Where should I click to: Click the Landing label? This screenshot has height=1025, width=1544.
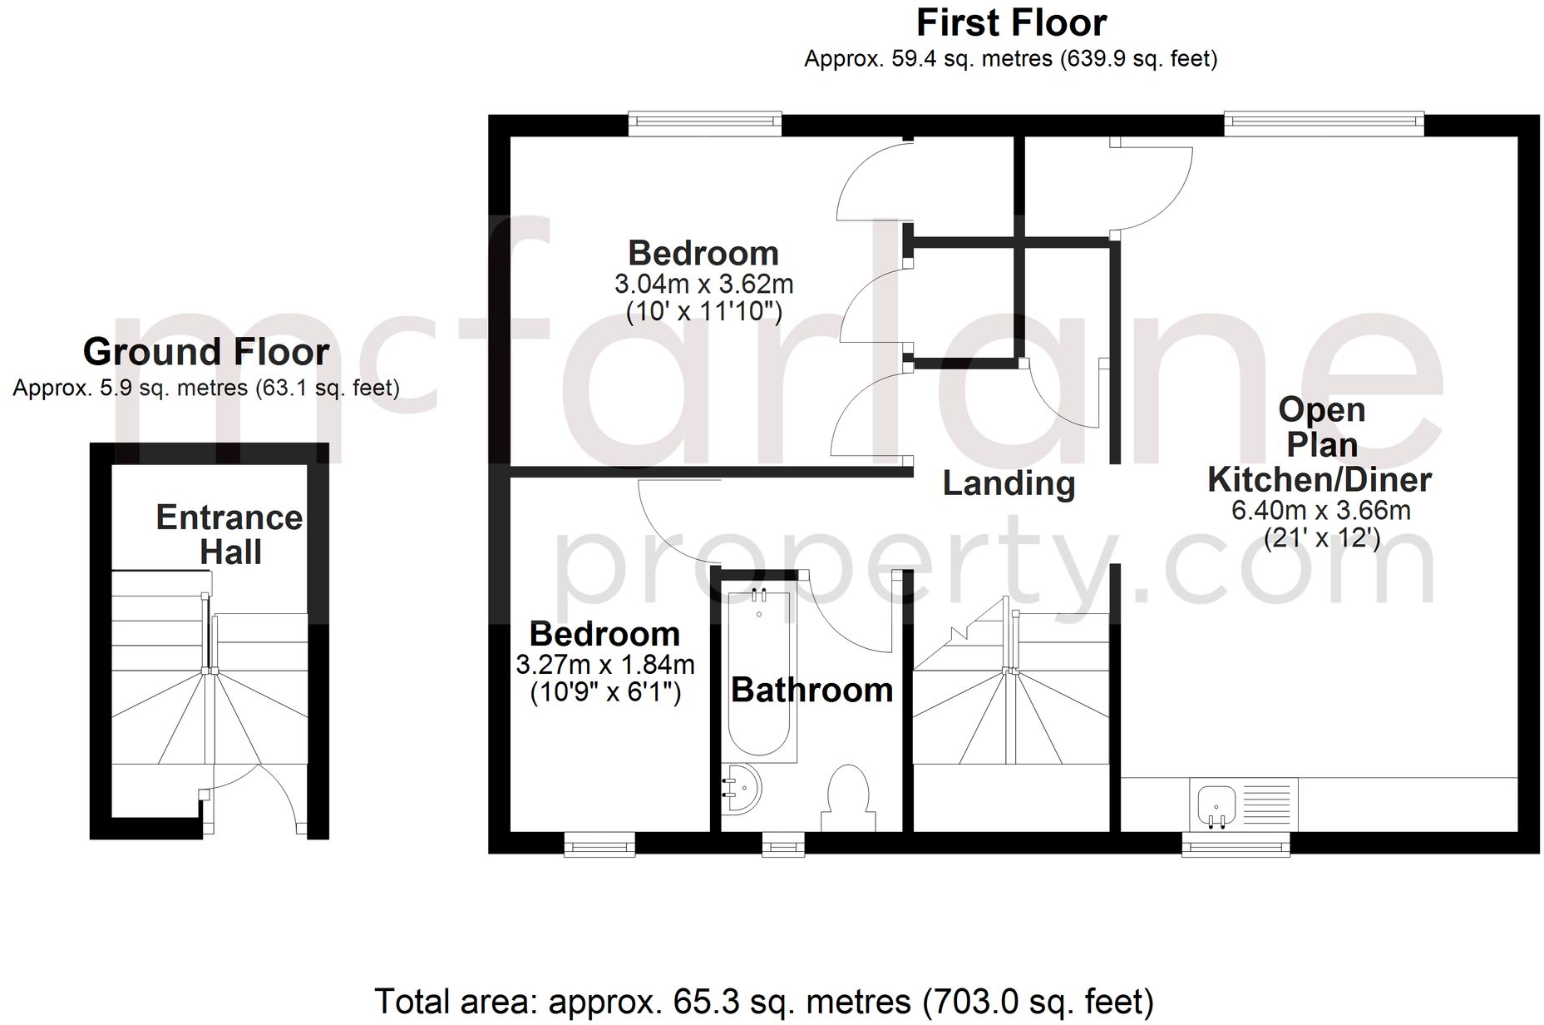click(1009, 483)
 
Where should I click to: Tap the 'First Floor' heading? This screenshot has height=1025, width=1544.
click(1011, 23)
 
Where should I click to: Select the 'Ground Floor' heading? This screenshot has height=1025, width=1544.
click(206, 352)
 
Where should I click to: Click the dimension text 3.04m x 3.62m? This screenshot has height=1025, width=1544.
click(703, 285)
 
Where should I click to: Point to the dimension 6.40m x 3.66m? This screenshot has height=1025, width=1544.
click(1320, 510)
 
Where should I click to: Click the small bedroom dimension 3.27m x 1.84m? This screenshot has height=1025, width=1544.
click(604, 665)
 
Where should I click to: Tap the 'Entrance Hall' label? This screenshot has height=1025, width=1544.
click(229, 535)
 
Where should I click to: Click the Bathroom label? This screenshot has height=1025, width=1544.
click(811, 690)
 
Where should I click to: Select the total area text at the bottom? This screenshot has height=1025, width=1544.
click(763, 1001)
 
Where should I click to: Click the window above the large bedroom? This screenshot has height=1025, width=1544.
click(704, 124)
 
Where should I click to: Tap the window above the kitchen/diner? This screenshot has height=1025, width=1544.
click(1324, 124)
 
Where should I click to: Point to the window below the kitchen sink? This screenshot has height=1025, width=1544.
click(1236, 845)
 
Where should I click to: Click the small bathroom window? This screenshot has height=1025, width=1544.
click(783, 845)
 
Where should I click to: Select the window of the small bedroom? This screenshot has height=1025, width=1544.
click(599, 845)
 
